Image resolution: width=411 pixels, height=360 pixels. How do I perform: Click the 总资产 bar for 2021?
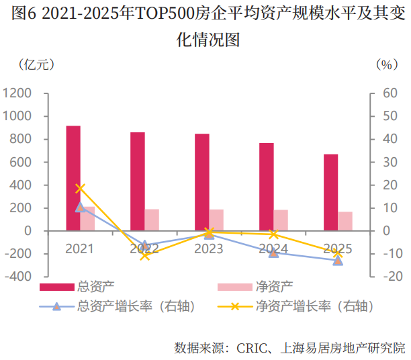pyautogui.click(x=73, y=178)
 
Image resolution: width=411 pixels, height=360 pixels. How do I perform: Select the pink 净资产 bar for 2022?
pyautogui.click(x=152, y=220)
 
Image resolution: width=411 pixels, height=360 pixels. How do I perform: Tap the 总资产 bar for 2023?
pyautogui.click(x=202, y=182)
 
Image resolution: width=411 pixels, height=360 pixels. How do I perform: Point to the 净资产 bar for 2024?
pyautogui.click(x=281, y=220)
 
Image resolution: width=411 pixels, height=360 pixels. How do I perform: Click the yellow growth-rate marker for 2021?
pyautogui.click(x=81, y=188)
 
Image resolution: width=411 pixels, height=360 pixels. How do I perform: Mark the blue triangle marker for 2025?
pyautogui.click(x=338, y=261)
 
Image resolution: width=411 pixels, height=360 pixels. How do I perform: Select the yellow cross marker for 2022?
pyautogui.click(x=144, y=255)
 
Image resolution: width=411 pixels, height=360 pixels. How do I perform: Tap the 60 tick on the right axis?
pyautogui.click(x=390, y=93)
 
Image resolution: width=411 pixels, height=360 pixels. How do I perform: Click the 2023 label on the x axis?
pyautogui.click(x=209, y=249)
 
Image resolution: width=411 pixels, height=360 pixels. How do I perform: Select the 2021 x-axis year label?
pyautogui.click(x=80, y=249)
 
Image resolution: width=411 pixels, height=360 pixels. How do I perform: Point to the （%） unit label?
pyautogui.click(x=385, y=64)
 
